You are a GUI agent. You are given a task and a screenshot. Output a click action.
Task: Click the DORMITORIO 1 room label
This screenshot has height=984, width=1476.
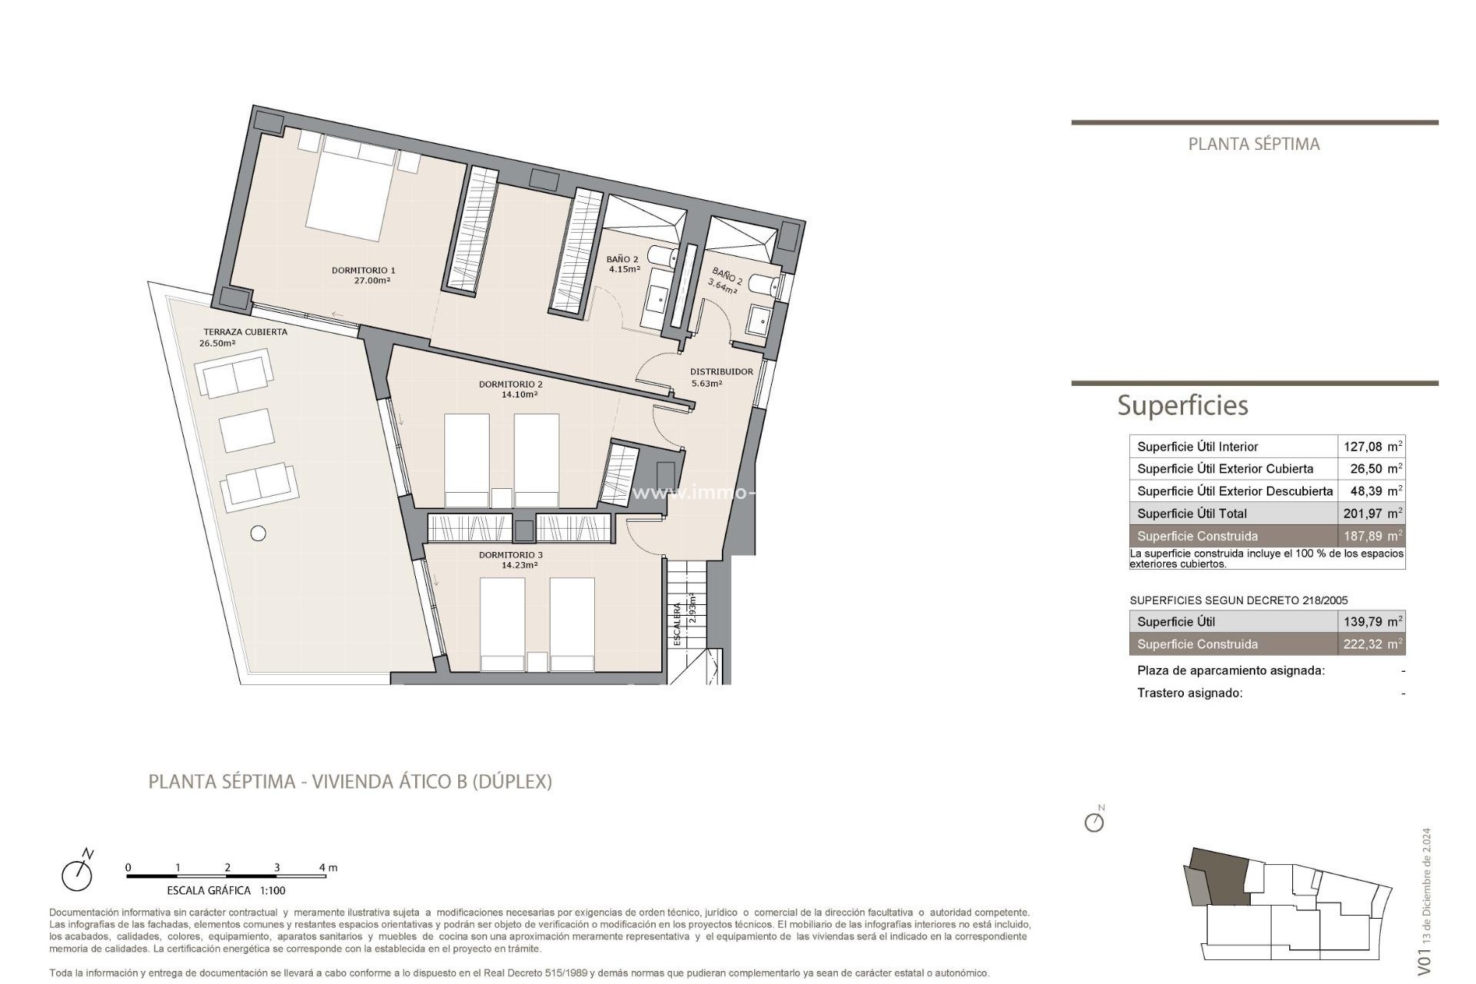[x=363, y=271]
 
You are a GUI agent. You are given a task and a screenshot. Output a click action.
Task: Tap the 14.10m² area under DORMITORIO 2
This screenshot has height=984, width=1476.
[x=520, y=395]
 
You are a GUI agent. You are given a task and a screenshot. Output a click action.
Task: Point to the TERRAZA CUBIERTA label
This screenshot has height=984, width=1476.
[x=245, y=332]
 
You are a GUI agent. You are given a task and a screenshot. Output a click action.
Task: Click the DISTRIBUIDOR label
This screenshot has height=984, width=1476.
[x=721, y=372]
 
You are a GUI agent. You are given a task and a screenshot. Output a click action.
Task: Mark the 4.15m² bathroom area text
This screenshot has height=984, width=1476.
[x=624, y=270]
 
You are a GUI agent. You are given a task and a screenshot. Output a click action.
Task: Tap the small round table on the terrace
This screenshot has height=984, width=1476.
[x=258, y=533]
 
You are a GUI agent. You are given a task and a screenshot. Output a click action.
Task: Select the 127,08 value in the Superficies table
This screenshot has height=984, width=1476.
[x=1362, y=447]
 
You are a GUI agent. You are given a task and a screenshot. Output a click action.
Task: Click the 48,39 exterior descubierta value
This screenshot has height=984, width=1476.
[x=1365, y=491]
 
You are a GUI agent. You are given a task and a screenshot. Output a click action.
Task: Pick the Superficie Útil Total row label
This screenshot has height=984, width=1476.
[x=1192, y=514]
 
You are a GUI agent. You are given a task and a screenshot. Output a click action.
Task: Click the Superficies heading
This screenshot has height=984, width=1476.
[x=1182, y=405]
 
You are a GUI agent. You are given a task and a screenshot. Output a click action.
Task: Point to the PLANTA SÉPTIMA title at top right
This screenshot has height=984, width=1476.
[x=1254, y=145]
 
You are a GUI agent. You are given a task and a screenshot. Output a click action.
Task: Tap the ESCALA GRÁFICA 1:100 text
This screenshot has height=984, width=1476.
[x=226, y=891]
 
